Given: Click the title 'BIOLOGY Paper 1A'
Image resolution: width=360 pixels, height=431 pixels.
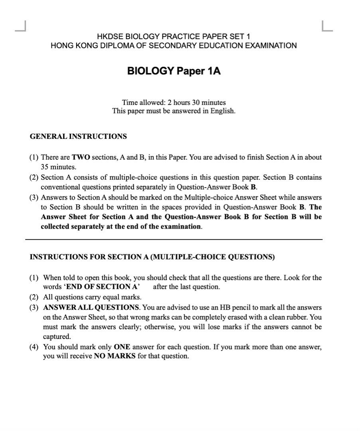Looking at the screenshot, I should click(173, 71).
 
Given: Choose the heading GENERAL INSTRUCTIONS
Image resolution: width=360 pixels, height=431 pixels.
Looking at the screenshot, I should click(78, 136).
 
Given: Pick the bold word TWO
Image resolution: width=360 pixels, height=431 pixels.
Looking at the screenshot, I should click(81, 157).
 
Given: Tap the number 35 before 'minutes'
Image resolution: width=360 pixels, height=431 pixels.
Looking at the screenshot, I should click(45, 167).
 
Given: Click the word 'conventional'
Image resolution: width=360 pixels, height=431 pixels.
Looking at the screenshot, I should click(60, 186).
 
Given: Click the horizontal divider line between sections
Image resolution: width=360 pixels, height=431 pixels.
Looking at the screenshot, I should click(173, 239).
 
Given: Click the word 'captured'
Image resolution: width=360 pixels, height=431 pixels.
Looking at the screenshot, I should click(57, 336).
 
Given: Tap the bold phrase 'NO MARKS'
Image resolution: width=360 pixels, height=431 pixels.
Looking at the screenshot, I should click(115, 356).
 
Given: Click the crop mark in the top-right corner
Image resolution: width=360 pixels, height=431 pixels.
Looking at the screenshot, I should click(327, 26).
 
